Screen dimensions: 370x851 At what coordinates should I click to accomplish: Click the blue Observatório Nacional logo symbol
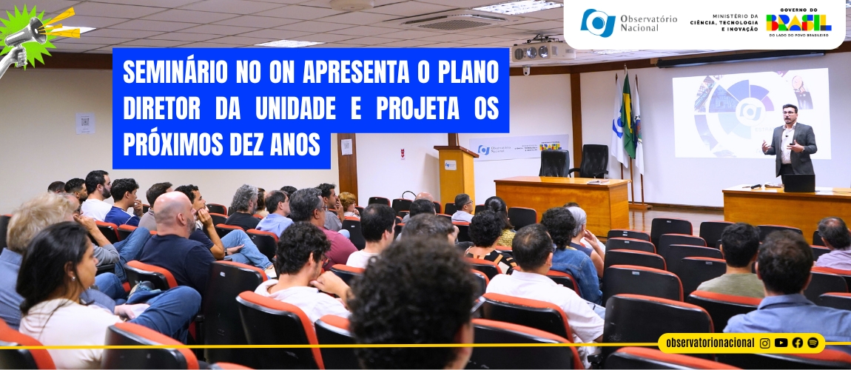click(x=598, y=22)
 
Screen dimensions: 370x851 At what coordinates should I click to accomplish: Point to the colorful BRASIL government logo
click(x=798, y=22)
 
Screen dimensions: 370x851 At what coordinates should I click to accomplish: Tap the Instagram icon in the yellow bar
click(x=765, y=343)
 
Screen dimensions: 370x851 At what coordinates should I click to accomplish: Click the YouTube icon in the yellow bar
click(x=781, y=343)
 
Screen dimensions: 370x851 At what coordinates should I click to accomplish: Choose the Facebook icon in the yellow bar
click(x=798, y=343)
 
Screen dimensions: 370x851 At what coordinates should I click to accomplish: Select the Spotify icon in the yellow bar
click(x=813, y=343)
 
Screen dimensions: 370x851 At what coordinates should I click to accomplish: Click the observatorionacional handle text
click(x=710, y=343)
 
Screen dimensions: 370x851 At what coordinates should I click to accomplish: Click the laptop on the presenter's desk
click(x=798, y=183)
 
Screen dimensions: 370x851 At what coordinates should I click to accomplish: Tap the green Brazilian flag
click(x=628, y=118)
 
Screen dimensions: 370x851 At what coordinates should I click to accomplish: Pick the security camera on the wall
click(x=527, y=72)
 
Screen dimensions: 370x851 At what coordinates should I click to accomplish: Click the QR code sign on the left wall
click(x=85, y=123)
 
